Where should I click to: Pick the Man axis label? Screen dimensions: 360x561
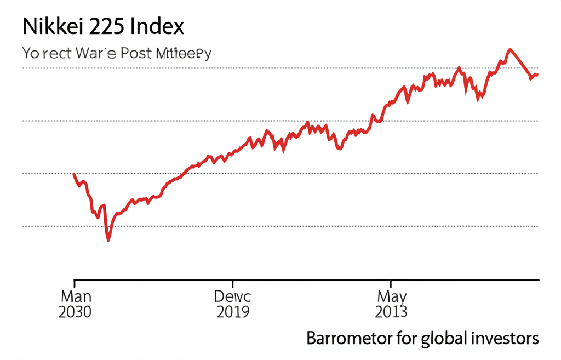tap(76, 296)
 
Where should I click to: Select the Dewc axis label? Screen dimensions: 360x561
tap(233, 296)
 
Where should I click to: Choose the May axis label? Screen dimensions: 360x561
tap(392, 296)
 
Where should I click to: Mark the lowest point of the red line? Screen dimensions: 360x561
tap(108, 240)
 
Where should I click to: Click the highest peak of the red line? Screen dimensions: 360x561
tap(510, 49)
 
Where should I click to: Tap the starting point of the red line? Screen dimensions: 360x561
tap(74, 174)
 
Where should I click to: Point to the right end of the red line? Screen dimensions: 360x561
tap(538, 75)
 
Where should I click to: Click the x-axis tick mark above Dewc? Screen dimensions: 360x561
tap(233, 283)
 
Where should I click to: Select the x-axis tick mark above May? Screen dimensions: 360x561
tap(391, 283)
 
